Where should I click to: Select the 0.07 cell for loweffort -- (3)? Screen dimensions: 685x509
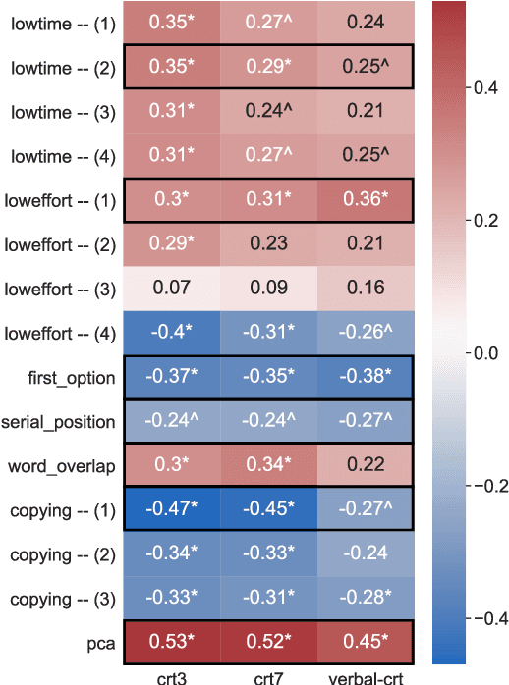(171, 290)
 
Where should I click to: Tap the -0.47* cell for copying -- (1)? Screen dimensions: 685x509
(171, 510)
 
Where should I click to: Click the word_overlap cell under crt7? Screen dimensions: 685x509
(267, 466)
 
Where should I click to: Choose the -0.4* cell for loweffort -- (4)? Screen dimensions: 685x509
(171, 334)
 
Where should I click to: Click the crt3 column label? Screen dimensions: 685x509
(171, 675)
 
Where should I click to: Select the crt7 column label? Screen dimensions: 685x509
(267, 675)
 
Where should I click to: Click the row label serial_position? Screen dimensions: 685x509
(60, 422)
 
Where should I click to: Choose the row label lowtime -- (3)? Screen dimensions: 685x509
(61, 113)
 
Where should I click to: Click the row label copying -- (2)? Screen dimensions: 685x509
(61, 554)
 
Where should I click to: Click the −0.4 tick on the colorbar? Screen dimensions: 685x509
(484, 618)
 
